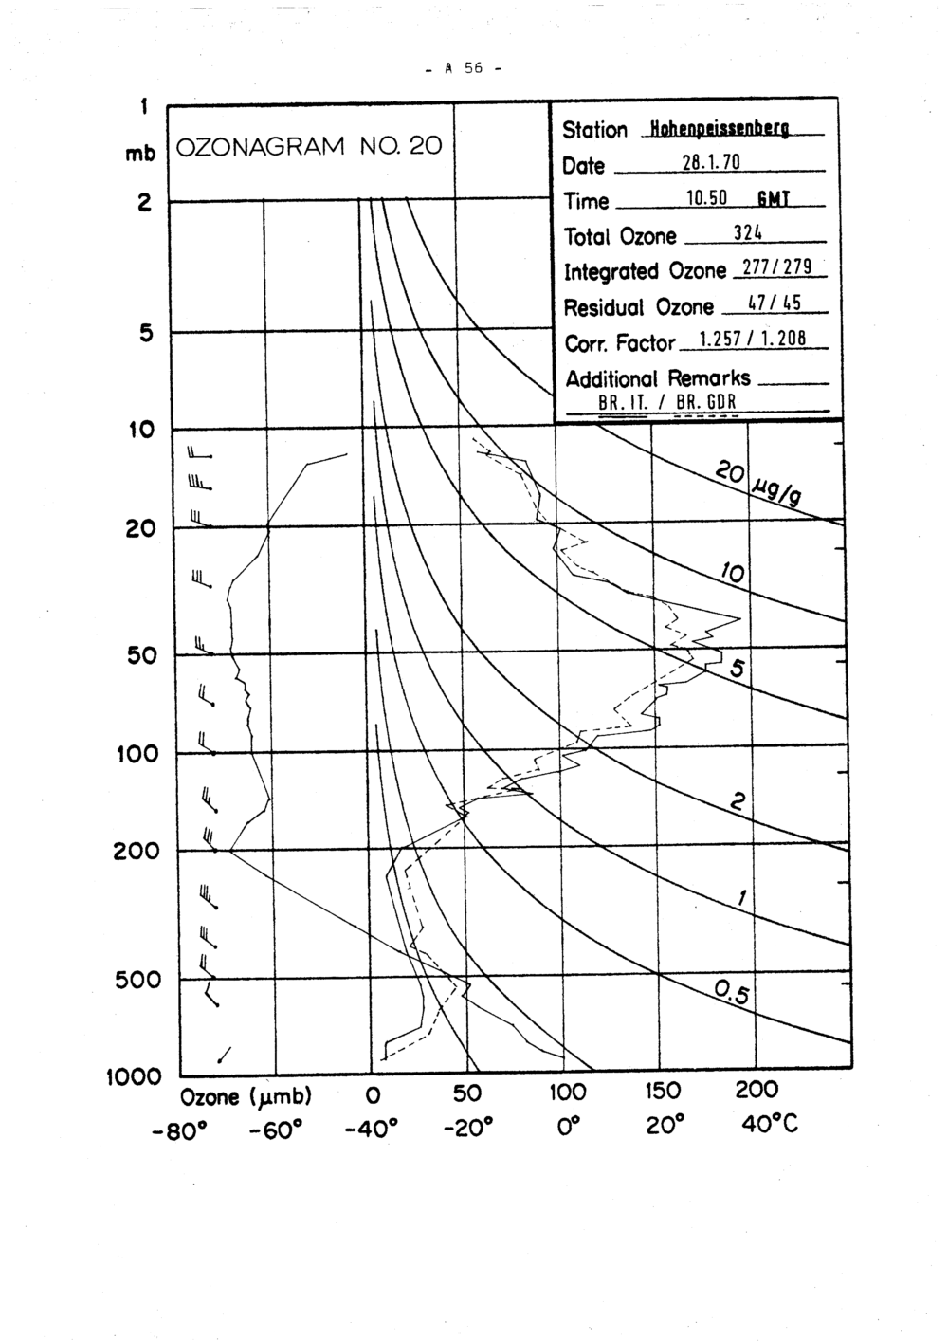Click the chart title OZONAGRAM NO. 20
(309, 147)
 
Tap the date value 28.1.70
(710, 164)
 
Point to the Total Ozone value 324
(749, 234)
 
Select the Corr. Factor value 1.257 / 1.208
(751, 341)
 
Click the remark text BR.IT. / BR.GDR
(667, 402)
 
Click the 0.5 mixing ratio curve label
(732, 993)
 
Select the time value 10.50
(705, 199)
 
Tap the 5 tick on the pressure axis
(146, 333)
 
